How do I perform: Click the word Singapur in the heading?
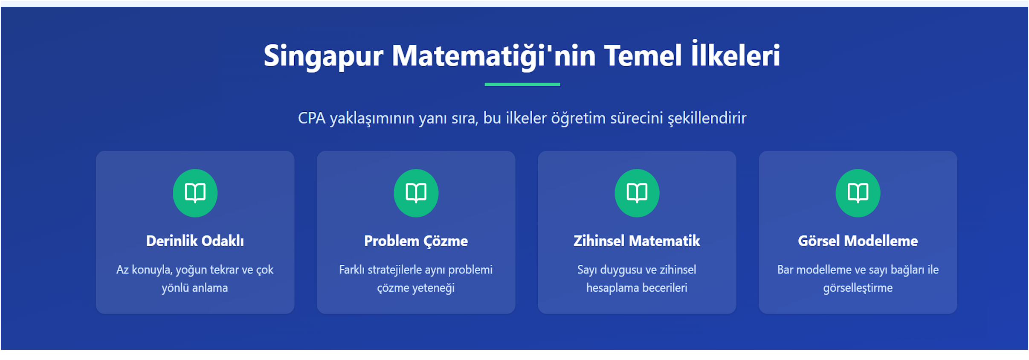[x=323, y=56]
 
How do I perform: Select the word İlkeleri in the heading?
[x=736, y=56]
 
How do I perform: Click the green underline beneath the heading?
[x=522, y=84]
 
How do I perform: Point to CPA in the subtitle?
[x=311, y=118]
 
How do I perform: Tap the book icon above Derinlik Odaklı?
[x=195, y=193]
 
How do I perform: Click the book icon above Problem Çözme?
[x=416, y=193]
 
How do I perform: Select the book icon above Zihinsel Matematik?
[x=637, y=193]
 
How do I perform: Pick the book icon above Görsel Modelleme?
[x=858, y=193]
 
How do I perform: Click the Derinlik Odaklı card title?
[x=195, y=241]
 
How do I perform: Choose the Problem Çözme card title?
[x=416, y=241]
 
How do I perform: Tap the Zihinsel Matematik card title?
[x=637, y=241]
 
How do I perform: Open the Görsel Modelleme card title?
[x=858, y=241]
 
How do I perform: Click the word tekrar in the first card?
[x=224, y=270]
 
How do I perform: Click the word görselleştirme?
[x=858, y=288]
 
